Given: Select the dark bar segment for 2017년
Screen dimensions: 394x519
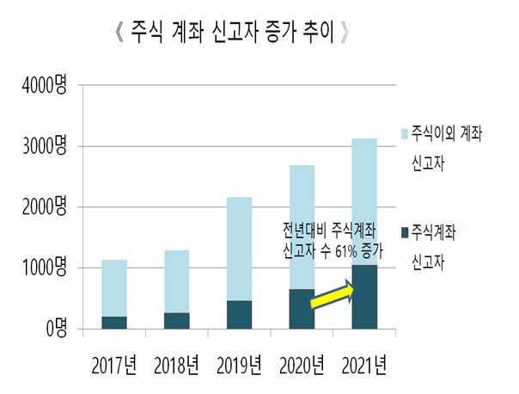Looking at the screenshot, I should point(115,323).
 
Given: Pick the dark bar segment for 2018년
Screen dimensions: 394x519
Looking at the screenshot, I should point(177,320).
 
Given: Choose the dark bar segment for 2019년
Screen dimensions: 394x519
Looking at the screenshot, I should point(240,314).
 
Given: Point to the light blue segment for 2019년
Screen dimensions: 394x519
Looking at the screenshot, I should point(240,249).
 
